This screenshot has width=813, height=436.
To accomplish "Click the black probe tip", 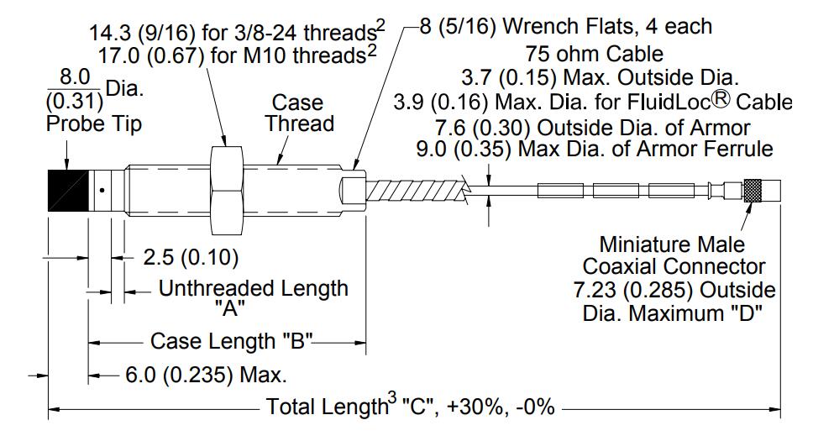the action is (x=68, y=190).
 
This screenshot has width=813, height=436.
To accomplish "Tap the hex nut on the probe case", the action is (x=227, y=190).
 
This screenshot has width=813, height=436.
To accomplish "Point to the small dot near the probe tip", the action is (x=102, y=190).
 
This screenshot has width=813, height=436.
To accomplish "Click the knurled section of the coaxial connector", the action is (x=753, y=190).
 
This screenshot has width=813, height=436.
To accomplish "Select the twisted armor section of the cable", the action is (x=417, y=190).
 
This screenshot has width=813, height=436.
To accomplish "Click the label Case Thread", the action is (x=299, y=113).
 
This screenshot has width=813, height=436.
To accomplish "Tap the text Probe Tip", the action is (x=94, y=123).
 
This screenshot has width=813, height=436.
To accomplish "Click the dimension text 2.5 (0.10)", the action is (x=191, y=257).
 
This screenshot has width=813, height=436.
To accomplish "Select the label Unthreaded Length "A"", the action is (x=253, y=297).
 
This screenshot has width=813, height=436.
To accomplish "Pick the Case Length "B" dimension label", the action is (x=232, y=342).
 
